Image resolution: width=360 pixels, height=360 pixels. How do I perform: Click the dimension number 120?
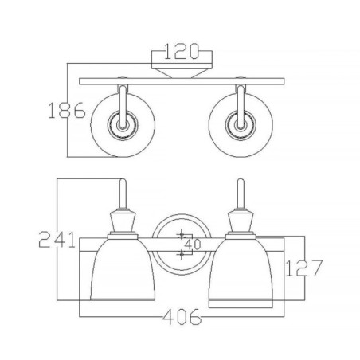182,55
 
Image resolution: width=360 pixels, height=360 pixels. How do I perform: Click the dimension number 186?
68,111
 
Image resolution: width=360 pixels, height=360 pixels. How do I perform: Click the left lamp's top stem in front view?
121,194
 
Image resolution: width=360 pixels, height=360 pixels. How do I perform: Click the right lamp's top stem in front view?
238,194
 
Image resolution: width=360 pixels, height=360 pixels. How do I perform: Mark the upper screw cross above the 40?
182,235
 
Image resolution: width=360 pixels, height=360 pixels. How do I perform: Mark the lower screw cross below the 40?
182,253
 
